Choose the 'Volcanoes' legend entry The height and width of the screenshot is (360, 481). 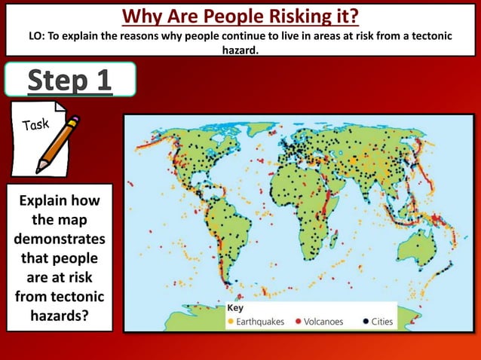[x=323, y=322]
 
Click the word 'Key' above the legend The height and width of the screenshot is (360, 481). [x=236, y=309]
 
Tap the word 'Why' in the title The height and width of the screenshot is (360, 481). [x=141, y=15]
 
